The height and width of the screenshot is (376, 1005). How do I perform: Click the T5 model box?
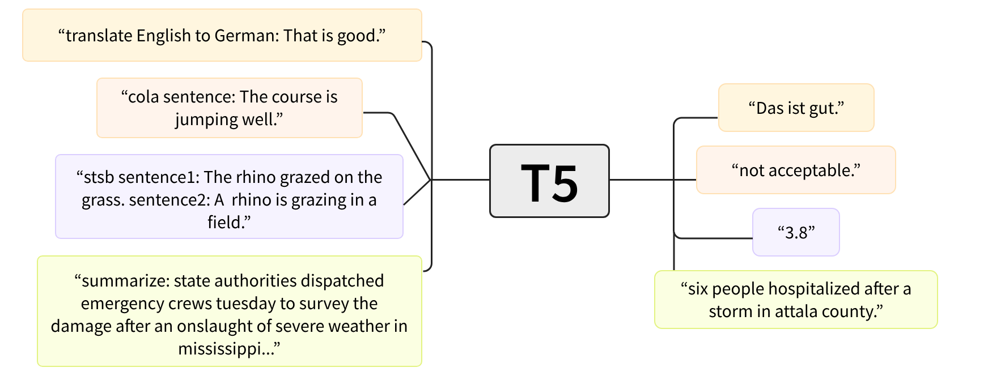click(549, 181)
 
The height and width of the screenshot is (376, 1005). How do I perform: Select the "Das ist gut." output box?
click(796, 108)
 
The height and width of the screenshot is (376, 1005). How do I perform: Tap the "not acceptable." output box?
click(796, 170)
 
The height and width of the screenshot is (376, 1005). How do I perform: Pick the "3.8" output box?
click(796, 232)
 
